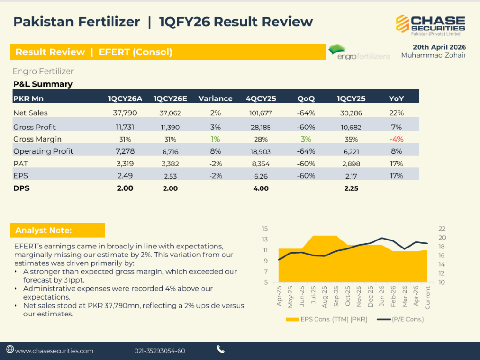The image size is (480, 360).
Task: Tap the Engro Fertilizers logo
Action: click(359, 52)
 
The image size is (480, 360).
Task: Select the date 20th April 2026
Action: click(439, 47)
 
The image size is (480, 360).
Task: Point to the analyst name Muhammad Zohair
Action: click(433, 55)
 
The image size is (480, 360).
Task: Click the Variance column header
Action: click(215, 98)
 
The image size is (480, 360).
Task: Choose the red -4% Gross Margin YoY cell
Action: click(396, 139)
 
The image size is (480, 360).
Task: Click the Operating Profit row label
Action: click(43, 151)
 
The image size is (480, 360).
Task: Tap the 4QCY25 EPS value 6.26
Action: click(260, 176)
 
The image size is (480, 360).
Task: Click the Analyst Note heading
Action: click(44, 230)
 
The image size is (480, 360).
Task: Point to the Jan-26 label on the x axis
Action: click(382, 296)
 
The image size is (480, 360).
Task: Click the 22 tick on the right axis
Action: click(442, 229)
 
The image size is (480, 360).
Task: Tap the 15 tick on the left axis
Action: click(264, 229)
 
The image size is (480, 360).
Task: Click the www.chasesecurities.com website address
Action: click(54, 351)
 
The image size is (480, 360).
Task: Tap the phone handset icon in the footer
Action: click(220, 349)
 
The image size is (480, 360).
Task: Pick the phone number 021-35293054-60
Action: click(159, 351)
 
